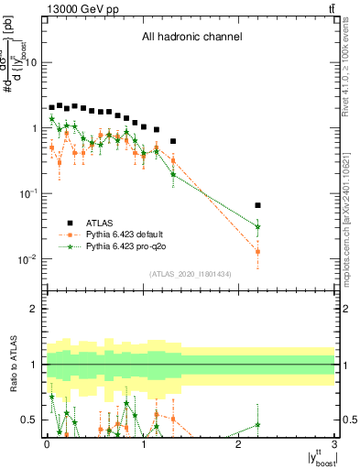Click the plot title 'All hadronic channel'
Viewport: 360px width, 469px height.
click(x=191, y=38)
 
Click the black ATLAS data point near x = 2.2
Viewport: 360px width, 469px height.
click(x=257, y=205)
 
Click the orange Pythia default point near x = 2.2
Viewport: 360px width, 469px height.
click(x=257, y=251)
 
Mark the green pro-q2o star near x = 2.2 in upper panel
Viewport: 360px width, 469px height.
click(x=257, y=226)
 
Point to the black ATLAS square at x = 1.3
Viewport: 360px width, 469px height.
click(x=172, y=141)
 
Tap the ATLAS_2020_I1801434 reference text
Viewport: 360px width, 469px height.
click(x=191, y=274)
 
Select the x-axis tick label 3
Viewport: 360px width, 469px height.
click(x=334, y=444)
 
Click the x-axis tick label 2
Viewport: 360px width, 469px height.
click(x=238, y=444)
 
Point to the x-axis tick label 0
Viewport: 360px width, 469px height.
click(x=46, y=444)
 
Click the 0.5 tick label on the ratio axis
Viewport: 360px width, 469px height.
click(x=30, y=420)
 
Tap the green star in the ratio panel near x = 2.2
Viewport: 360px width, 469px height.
click(x=257, y=424)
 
